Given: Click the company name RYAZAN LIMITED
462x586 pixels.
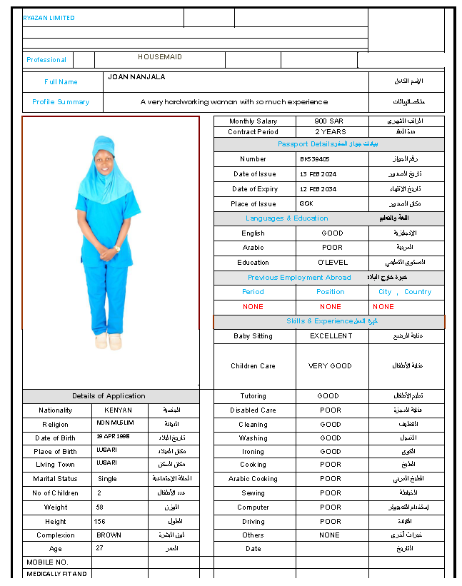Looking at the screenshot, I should (49, 18).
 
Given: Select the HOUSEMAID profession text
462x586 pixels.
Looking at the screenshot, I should (160, 57).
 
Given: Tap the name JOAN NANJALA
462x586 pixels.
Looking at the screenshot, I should (136, 76).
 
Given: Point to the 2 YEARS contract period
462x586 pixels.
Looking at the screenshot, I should (331, 132).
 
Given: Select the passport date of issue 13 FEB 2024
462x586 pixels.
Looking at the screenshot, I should (318, 174).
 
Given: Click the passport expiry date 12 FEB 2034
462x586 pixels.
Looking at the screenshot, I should (318, 189).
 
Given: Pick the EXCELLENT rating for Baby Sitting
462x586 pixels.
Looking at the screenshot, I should (331, 335).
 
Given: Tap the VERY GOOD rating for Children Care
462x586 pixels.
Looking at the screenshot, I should (330, 366).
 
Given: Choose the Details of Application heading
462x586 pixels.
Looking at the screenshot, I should (109, 396).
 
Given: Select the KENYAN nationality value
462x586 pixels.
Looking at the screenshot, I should (118, 410).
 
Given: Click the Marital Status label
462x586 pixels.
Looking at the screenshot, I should (56, 479).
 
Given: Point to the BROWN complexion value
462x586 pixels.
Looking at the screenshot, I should (109, 535).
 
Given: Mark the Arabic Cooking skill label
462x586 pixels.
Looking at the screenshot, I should (253, 479).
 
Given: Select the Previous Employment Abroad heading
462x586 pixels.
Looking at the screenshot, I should (299, 278).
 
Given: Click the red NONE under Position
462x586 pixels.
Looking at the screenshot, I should (331, 307).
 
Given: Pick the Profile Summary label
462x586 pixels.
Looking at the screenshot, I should (61, 102).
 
